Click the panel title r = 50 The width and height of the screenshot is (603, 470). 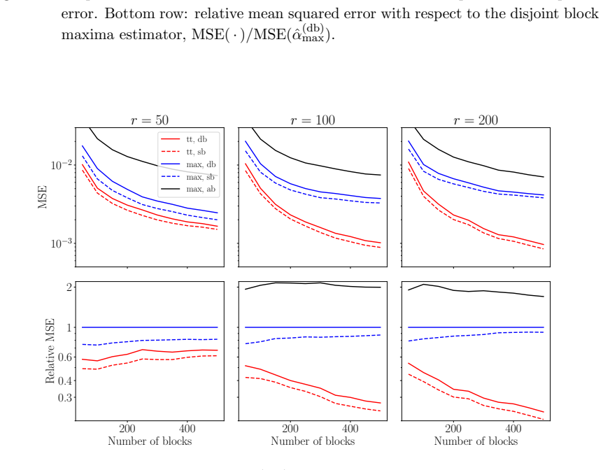click(x=150, y=120)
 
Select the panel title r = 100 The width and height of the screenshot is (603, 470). click(x=313, y=120)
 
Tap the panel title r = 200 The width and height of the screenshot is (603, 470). click(x=476, y=120)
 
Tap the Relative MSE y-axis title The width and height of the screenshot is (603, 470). click(x=50, y=351)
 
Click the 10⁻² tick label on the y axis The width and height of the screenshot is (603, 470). click(x=61, y=164)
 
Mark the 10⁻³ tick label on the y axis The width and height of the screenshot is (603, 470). click(x=61, y=243)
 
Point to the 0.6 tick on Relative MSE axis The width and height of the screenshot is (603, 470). click(x=64, y=357)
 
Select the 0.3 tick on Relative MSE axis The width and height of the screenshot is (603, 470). click(x=64, y=397)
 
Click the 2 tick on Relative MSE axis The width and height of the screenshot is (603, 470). click(x=69, y=287)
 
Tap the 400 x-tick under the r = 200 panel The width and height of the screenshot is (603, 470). click(x=513, y=428)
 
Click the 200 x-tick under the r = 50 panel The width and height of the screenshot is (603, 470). click(x=127, y=428)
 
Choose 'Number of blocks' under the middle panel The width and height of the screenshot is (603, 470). click(x=313, y=441)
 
